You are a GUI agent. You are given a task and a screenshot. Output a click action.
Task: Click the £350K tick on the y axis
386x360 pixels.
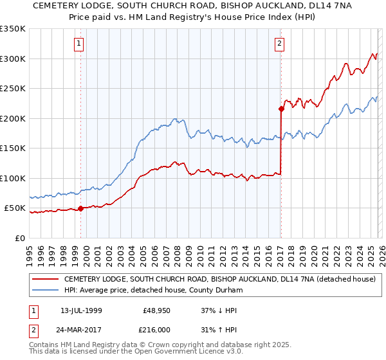(13, 29)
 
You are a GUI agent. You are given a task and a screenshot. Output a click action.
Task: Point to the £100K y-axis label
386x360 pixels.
(13, 178)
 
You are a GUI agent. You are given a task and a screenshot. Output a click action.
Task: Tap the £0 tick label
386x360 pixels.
(19, 238)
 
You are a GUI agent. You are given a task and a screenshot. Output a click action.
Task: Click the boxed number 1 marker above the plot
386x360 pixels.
(79, 44)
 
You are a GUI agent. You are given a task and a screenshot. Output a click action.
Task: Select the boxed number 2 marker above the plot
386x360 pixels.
(280, 44)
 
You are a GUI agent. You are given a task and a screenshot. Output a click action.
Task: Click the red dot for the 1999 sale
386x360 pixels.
(80, 208)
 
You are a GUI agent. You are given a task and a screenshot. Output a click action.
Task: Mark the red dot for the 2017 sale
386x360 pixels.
(281, 109)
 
